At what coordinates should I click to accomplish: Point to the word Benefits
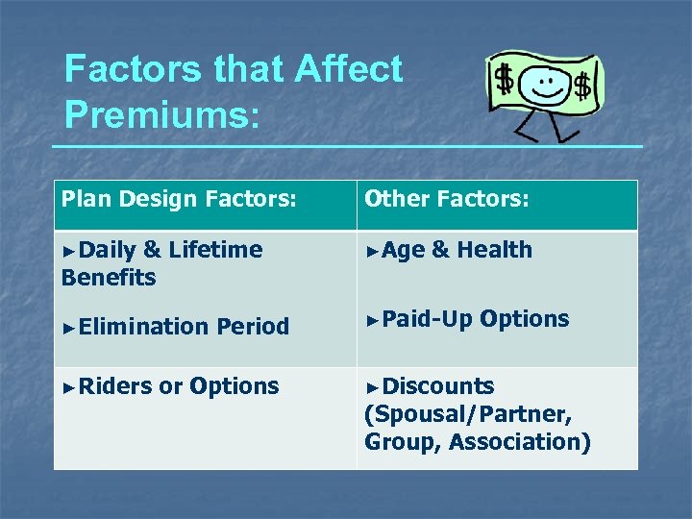tap(108, 278)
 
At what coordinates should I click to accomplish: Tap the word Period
tap(253, 327)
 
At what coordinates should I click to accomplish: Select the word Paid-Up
tap(427, 319)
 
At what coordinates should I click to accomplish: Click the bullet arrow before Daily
tap(67, 251)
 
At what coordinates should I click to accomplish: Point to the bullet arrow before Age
tap(372, 251)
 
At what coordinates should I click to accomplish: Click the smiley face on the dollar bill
tap(547, 83)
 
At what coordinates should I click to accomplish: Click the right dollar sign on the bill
tap(581, 87)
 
